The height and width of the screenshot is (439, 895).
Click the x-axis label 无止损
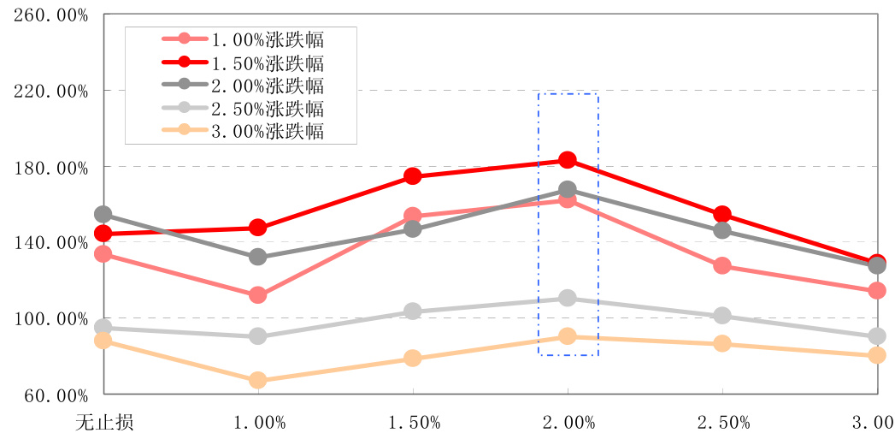pyautogui.click(x=103, y=422)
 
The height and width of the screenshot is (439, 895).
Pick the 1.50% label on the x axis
pyautogui.click(x=413, y=422)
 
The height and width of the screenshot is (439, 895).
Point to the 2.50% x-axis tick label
pyautogui.click(x=722, y=422)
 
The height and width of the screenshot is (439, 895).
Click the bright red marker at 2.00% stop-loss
pyautogui.click(x=568, y=160)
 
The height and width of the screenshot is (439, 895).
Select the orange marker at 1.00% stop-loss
pyautogui.click(x=258, y=380)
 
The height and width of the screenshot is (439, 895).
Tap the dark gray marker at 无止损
pyautogui.click(x=103, y=214)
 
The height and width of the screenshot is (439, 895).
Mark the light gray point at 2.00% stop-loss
pyautogui.click(x=568, y=298)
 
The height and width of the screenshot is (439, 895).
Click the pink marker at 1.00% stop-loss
pyautogui.click(x=258, y=295)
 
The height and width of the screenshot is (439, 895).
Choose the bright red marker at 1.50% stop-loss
pyautogui.click(x=413, y=176)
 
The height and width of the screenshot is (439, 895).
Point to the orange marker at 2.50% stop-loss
pyautogui.click(x=722, y=344)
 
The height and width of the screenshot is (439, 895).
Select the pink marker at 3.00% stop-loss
pyautogui.click(x=876, y=291)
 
